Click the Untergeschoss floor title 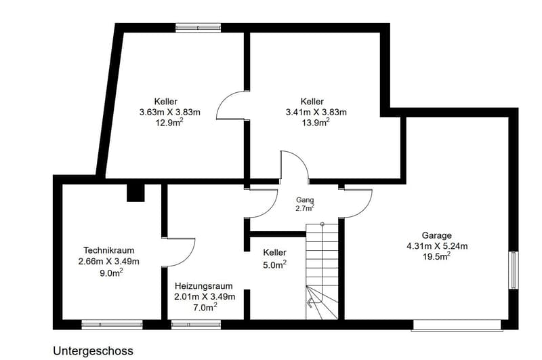pos(93,351)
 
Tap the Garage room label pos(436,235)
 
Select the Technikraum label pos(109,250)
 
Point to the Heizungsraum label pos(203,286)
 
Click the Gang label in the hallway pos(305,200)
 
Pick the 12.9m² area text pos(169,123)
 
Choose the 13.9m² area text pos(316,123)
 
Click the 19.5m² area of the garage pos(436,256)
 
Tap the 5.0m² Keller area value pos(275,265)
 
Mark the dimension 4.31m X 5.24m pos(437,246)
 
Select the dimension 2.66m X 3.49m pos(109,262)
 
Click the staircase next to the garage pos(322,271)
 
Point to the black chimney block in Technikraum pos(135,193)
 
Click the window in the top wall pos(198,28)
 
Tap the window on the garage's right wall pos(514,270)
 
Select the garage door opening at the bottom pos(457,325)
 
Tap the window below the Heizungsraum pos(196,325)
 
